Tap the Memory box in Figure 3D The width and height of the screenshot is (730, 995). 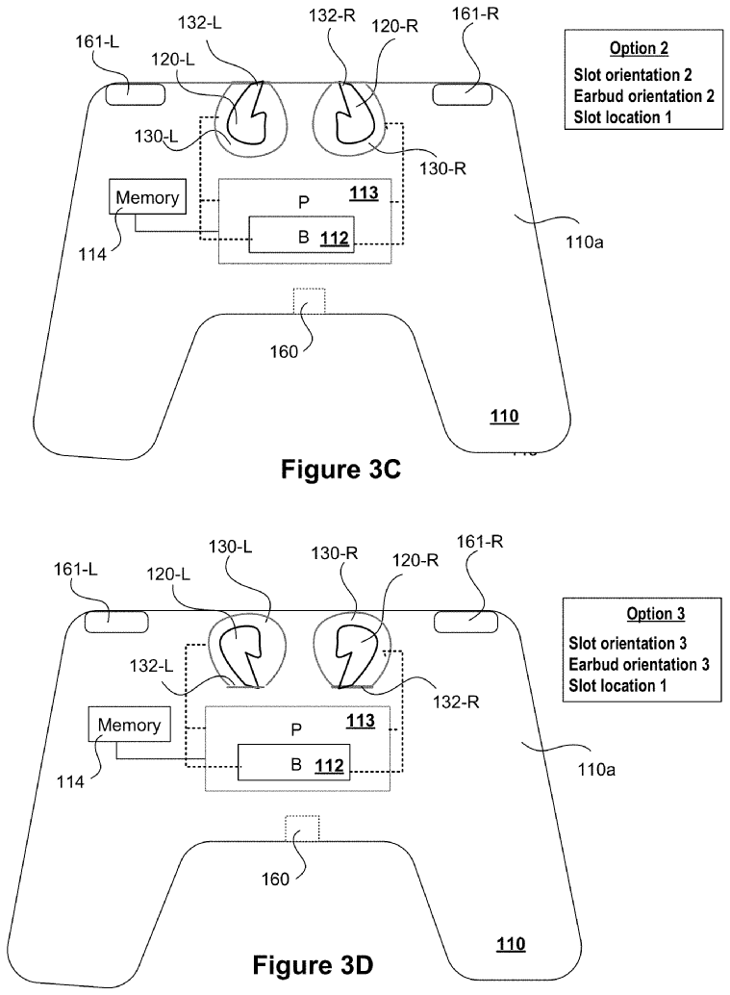[130, 724]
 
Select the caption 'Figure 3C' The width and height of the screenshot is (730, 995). [340, 470]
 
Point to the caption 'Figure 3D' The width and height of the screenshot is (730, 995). [313, 965]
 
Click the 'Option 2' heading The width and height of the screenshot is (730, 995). [639, 48]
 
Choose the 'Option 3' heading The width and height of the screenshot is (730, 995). [656, 614]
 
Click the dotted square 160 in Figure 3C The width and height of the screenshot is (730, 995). [309, 301]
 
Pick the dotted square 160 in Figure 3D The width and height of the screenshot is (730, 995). [302, 829]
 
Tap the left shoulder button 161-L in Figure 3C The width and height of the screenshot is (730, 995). [135, 94]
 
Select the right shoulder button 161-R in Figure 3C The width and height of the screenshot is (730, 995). [462, 94]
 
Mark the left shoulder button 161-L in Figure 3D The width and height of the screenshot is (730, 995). [116, 622]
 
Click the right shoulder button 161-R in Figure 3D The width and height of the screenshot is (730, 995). [466, 622]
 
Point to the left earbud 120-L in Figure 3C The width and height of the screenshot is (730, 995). [248, 118]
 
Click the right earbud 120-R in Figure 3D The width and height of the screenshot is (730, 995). [357, 654]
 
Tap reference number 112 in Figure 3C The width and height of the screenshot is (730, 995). [335, 239]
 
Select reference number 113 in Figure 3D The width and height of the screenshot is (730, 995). [361, 721]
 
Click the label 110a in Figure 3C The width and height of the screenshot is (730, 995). [584, 242]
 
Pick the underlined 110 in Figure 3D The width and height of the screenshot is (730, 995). [511, 944]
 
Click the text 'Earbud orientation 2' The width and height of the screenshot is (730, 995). [643, 96]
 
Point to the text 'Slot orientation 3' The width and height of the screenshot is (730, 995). [627, 643]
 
